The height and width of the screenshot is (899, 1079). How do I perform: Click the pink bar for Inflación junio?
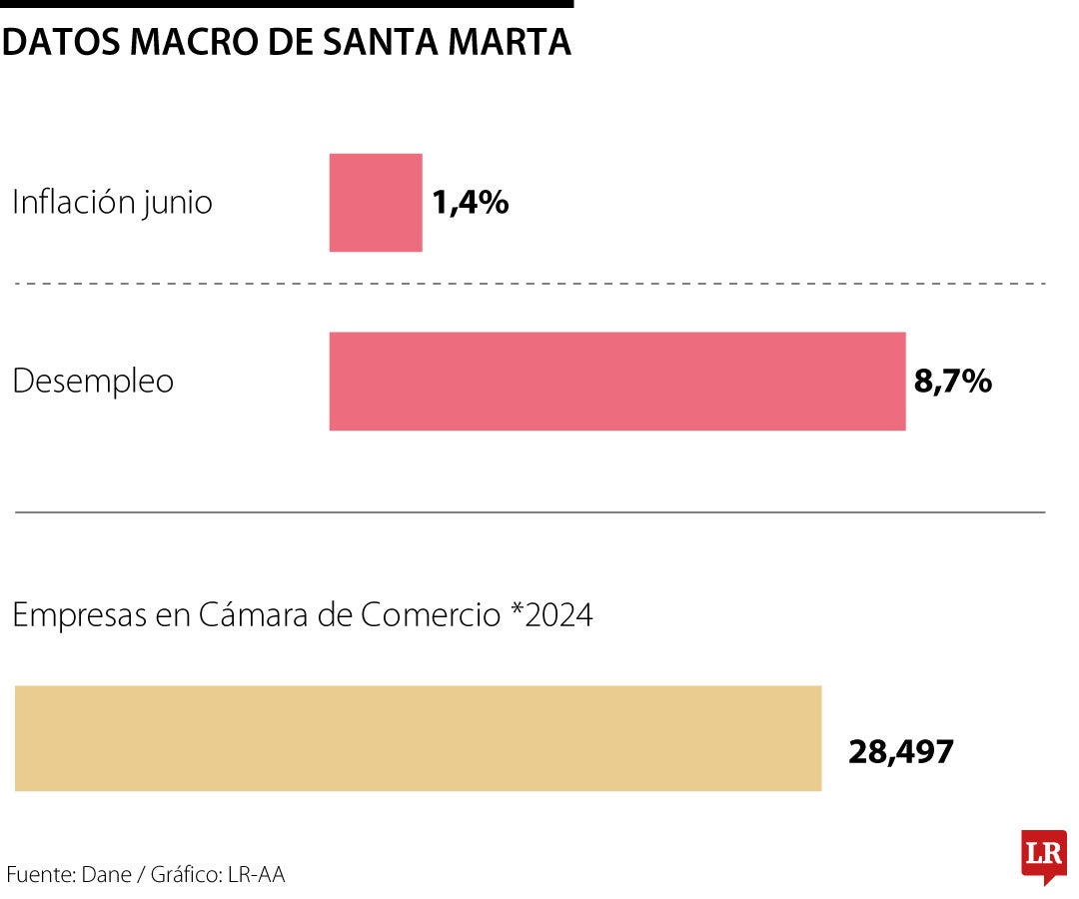[x=376, y=203]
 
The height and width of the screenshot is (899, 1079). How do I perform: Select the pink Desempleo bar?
[x=616, y=382]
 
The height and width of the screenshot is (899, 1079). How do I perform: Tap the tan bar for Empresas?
[x=418, y=738]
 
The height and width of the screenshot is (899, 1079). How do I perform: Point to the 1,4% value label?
[x=471, y=203]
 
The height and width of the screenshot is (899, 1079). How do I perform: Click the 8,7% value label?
[x=952, y=382]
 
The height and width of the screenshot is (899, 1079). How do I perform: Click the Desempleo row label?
[x=93, y=382]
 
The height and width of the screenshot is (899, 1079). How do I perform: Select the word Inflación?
[x=72, y=203]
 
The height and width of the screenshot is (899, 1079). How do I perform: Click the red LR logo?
[x=1043, y=855]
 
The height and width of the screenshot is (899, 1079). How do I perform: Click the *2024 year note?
[x=550, y=615]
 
